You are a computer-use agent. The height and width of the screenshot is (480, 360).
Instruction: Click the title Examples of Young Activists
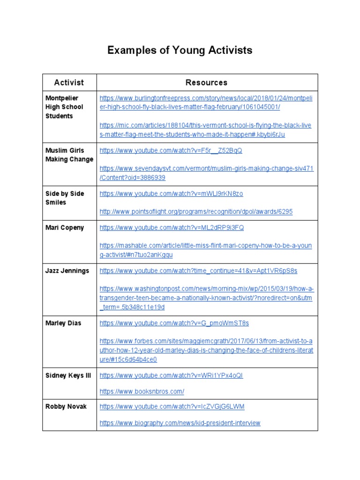pyautogui.click(x=180, y=50)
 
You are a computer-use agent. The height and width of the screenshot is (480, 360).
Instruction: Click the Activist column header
pyautogui.click(x=69, y=82)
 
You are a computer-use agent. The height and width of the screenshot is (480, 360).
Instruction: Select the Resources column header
pyautogui.click(x=206, y=82)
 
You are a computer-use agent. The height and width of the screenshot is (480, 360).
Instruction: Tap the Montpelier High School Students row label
pyautogui.click(x=64, y=107)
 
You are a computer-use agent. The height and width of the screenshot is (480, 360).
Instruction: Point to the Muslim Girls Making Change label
pyautogui.click(x=69, y=155)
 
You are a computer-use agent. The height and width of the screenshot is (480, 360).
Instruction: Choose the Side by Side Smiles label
pyautogui.click(x=64, y=198)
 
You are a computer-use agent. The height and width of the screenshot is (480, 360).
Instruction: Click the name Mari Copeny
pyautogui.click(x=65, y=227)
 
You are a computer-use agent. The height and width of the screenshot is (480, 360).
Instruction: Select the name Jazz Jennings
pyautogui.click(x=67, y=270)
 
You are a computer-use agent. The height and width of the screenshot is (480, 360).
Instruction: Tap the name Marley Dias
pyautogui.click(x=63, y=323)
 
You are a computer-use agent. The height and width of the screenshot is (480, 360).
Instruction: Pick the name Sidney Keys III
pyautogui.click(x=68, y=375)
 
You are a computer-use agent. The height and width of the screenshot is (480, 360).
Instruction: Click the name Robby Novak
pyautogui.click(x=66, y=406)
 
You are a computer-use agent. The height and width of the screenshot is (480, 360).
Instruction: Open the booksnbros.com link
pyautogui.click(x=142, y=391)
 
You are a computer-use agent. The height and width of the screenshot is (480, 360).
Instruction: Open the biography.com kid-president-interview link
pyautogui.click(x=180, y=423)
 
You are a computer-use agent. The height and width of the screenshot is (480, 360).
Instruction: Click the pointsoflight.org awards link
pyautogui.click(x=196, y=211)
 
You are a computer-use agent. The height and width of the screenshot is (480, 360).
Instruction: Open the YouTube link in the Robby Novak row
pyautogui.click(x=172, y=406)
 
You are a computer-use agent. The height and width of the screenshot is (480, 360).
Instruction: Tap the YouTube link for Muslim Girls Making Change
pyautogui.click(x=171, y=150)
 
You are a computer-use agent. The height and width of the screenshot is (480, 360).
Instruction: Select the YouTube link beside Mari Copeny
pyautogui.click(x=172, y=228)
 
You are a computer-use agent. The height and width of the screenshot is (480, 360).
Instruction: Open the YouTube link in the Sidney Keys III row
pyautogui.click(x=171, y=375)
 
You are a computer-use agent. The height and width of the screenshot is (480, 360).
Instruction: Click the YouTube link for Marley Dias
pyautogui.click(x=174, y=323)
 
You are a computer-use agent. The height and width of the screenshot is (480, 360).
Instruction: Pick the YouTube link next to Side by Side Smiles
pyautogui.click(x=171, y=194)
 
